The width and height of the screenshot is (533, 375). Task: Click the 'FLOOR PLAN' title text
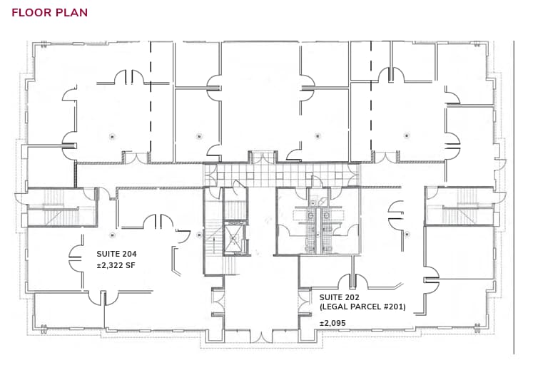[50, 13]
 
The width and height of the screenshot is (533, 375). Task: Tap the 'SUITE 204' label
[116, 254]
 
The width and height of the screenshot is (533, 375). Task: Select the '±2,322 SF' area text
[116, 266]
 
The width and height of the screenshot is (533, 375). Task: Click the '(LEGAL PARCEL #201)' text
[362, 307]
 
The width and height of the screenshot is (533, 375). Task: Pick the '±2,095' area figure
[333, 323]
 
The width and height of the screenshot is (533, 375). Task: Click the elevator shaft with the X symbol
[234, 238]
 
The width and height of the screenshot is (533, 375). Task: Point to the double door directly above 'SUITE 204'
[158, 222]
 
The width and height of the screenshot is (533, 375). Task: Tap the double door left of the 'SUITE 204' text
[76, 258]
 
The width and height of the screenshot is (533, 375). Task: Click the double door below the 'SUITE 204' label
[103, 297]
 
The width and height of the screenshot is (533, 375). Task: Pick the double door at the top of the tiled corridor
[262, 158]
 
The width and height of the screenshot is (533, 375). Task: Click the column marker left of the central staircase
[198, 233]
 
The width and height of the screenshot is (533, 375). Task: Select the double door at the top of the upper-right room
[392, 75]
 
